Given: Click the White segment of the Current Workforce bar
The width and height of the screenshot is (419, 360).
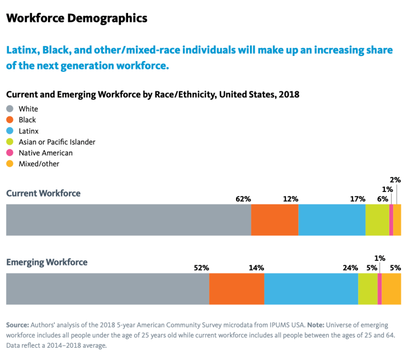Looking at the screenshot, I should [128, 220].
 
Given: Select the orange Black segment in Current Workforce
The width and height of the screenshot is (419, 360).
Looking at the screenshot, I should [275, 220].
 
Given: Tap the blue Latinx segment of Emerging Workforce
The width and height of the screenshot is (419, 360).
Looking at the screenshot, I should [311, 289].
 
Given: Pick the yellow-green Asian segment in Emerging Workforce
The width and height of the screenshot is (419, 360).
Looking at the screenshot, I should [368, 289].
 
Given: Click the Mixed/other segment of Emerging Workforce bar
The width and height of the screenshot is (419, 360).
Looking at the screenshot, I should [392, 289].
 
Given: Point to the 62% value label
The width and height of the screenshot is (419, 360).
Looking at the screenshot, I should [243, 199].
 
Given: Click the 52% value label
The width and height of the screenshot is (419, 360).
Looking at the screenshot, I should [201, 268].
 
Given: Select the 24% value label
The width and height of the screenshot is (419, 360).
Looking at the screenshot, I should [350, 268].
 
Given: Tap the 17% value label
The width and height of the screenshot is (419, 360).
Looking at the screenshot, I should [357, 199].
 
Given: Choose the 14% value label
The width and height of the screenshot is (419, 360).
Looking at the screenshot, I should [256, 268].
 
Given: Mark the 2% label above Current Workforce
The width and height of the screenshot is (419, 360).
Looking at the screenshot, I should [395, 180].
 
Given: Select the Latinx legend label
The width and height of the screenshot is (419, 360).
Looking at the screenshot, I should [29, 131].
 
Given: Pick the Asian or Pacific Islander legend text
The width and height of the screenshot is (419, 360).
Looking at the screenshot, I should [57, 142].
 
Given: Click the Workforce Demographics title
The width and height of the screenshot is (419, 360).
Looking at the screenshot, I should [77, 18].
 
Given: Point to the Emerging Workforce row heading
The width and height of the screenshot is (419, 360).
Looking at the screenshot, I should [46, 262].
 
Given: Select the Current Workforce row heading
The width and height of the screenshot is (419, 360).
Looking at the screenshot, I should [43, 193].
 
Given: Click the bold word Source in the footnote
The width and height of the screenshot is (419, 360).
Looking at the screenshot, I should [17, 325].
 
